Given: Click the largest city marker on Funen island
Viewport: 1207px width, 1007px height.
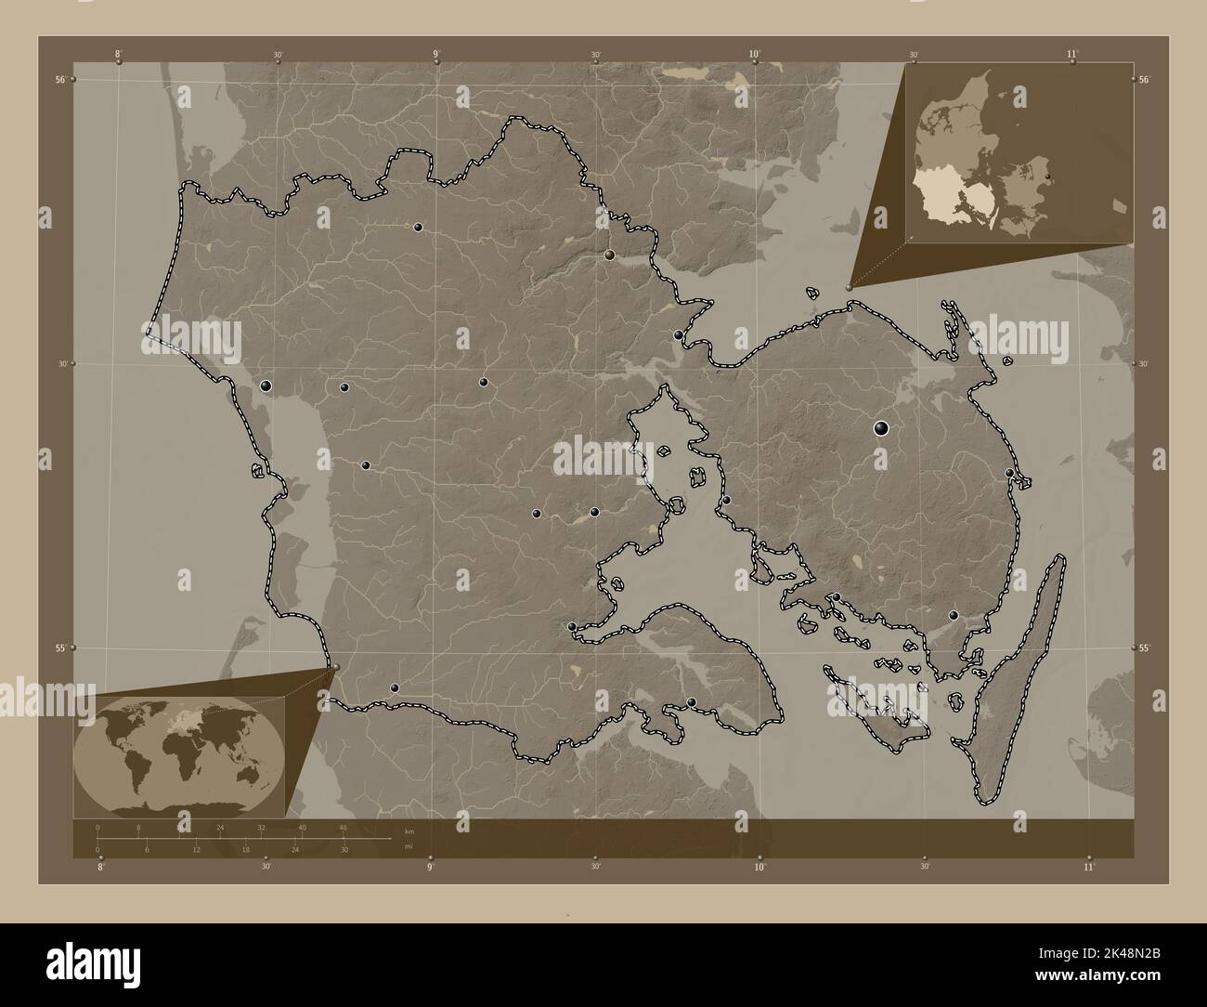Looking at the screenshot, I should click(x=881, y=428).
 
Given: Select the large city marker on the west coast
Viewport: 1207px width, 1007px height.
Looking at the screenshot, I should click(x=266, y=386).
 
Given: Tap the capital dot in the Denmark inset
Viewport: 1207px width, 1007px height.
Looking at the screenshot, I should click(x=1047, y=176).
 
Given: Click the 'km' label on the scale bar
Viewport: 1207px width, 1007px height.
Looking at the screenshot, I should click(x=409, y=830).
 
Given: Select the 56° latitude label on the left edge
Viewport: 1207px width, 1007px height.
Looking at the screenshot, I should click(x=59, y=80).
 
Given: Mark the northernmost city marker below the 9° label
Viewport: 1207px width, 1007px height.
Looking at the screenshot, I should click(x=419, y=227).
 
